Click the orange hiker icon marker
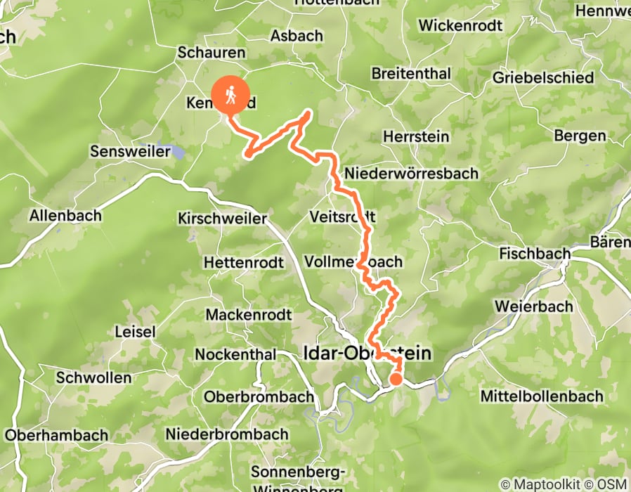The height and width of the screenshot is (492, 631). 230,93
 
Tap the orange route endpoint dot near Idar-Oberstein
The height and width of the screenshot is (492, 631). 396,380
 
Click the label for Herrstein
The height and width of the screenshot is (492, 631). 416,136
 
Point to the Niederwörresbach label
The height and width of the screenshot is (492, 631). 411,173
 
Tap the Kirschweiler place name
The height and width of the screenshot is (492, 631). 223,219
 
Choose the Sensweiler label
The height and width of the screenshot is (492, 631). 131,151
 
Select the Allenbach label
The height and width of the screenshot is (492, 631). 65,216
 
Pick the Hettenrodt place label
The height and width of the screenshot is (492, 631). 243,263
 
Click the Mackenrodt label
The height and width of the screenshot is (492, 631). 248,313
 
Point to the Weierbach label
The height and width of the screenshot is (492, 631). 531,306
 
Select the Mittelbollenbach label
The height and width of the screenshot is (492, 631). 542,396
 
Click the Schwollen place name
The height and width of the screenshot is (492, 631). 93,377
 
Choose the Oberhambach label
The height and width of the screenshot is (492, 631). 56,435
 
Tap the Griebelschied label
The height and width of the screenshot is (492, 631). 543,78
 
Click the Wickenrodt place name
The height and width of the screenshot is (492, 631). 460,26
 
